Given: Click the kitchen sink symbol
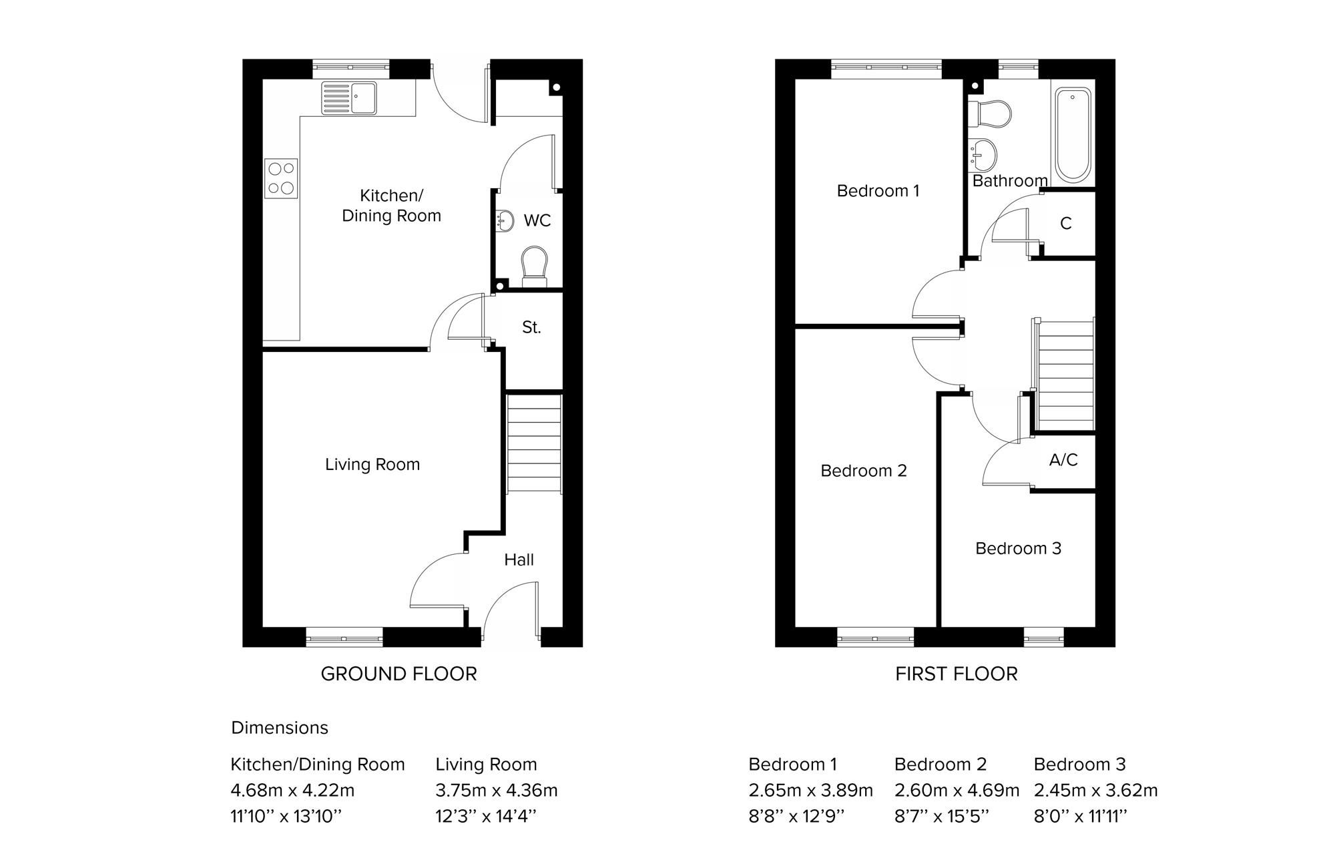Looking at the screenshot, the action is tap(348, 97).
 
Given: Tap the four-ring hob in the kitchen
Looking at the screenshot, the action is tap(281, 179).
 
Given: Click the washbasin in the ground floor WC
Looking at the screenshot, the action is tap(505, 220).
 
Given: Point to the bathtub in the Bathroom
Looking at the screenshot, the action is tap(1073, 136).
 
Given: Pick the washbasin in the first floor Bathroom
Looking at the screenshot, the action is tap(983, 155).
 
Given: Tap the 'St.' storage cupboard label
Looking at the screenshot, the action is tap(531, 327).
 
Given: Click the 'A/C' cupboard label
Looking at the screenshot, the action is tap(1063, 459).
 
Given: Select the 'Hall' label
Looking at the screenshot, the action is tap(519, 560).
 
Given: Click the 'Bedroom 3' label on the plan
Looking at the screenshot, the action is tap(1018, 548).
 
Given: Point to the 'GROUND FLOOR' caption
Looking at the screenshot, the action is tap(399, 674).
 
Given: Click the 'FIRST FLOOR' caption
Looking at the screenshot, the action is tap(957, 674).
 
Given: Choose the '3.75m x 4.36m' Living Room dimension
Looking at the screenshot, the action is tap(497, 791).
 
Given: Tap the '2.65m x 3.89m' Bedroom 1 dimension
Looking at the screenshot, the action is tap(810, 791).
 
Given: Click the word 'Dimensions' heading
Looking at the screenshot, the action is tap(280, 727).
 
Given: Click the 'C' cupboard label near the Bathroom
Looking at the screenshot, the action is tap(1066, 224).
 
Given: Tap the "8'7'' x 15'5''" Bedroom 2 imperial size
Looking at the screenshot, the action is tap(942, 816).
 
